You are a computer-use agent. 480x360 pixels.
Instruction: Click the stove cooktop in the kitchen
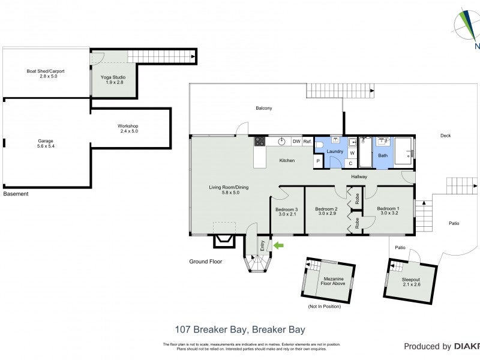tap(260, 142)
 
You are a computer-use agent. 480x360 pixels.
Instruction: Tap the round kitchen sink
tap(280, 142)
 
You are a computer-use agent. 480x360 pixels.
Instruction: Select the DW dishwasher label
tap(296, 142)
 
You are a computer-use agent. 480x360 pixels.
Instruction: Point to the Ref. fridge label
tap(307, 142)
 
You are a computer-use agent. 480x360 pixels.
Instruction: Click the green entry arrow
tap(278, 245)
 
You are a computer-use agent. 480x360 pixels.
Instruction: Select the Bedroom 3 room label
tap(287, 209)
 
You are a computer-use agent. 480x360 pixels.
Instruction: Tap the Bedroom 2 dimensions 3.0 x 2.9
tap(327, 214)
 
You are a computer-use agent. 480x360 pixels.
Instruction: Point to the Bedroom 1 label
tap(388, 209)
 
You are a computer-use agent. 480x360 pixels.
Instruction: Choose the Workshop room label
tap(128, 126)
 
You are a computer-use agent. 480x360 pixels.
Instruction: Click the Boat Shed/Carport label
tap(46, 71)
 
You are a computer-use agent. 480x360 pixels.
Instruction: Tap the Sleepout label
tap(411, 280)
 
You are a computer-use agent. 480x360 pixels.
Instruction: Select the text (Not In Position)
tap(324, 307)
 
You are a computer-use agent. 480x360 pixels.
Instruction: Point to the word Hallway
tap(359, 176)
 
